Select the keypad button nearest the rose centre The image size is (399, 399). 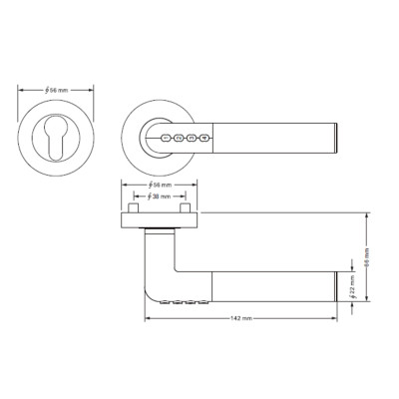point(165,141)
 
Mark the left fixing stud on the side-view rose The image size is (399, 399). point(132,210)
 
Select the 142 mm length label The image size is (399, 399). point(239,318)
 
